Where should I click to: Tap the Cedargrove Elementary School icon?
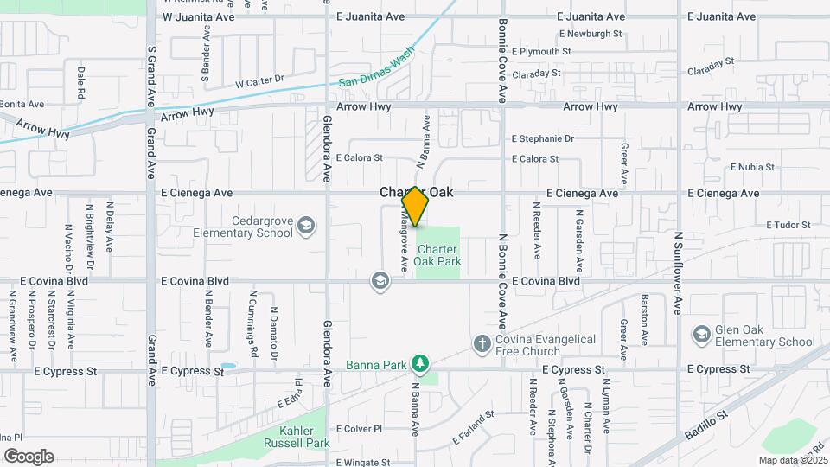pos(305,227)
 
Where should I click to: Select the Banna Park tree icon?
pos(419,363)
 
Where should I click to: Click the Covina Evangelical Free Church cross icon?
pos(482,344)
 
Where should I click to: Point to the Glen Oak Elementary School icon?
pos(701,334)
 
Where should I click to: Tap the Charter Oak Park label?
pos(437,255)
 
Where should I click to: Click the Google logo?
pos(29,456)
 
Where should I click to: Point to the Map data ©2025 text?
pos(792,460)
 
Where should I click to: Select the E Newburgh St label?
pos(591,35)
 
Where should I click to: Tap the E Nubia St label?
pos(756,167)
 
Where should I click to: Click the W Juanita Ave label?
pos(199,16)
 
